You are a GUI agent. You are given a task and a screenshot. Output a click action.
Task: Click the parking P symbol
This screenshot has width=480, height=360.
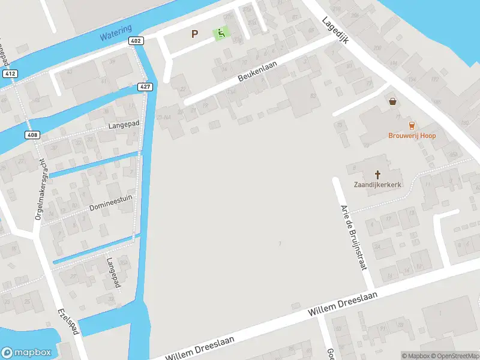click(x=194, y=34)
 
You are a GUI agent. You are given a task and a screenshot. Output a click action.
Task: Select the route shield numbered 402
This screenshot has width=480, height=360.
click(x=136, y=41)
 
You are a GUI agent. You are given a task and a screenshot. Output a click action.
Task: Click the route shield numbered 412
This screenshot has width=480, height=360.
click(x=9, y=73)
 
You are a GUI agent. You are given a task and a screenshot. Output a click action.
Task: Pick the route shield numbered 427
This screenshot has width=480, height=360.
click(x=145, y=86)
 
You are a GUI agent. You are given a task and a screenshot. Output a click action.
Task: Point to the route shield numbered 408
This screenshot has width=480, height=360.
click(x=32, y=135)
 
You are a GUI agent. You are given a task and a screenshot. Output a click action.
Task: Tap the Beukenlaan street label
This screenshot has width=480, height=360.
click(x=256, y=77)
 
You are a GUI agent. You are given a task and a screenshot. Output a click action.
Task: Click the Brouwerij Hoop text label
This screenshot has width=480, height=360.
click(x=412, y=136)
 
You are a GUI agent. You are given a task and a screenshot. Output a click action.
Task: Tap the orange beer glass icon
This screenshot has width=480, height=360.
click(x=412, y=125)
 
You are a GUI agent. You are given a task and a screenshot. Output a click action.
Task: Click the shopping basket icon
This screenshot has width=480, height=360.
click(x=393, y=102)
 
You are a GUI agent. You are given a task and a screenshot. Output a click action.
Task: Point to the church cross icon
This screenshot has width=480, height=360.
click(x=378, y=175)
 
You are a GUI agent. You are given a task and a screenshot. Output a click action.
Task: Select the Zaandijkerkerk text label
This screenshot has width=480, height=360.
click(x=377, y=185)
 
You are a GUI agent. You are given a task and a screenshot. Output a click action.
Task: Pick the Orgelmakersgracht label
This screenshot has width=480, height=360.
click(x=40, y=191)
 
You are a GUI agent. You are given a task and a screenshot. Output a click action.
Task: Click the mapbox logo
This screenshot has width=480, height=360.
click(x=26, y=352)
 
